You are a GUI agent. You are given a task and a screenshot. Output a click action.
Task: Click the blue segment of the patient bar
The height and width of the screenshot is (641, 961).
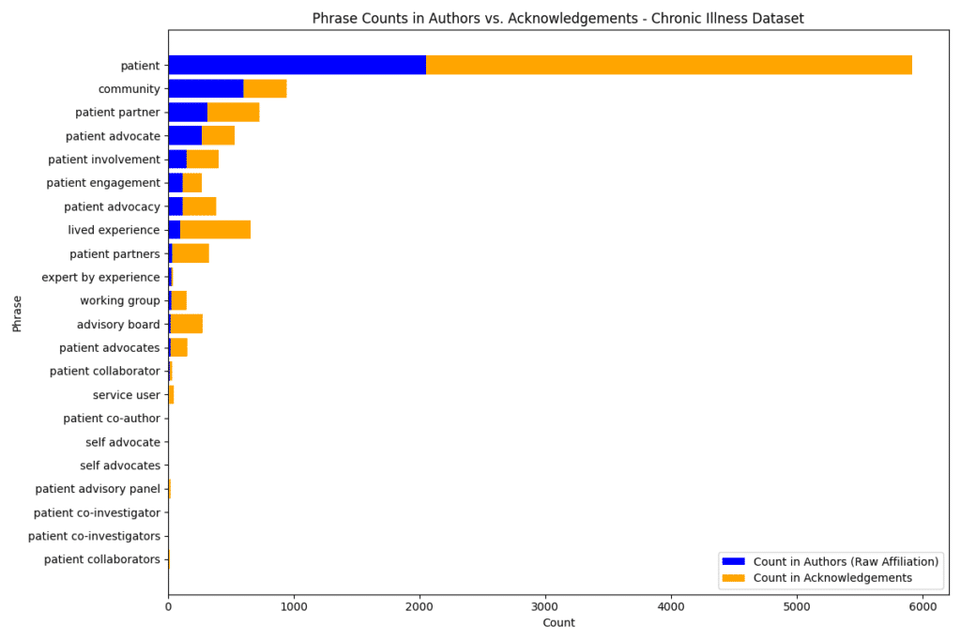coord(297,65)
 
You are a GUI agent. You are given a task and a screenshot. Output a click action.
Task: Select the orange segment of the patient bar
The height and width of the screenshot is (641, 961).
coord(668,65)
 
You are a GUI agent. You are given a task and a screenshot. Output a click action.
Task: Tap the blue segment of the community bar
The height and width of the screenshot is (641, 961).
coord(206,88)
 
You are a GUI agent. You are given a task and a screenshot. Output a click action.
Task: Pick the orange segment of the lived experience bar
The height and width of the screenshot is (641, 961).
coord(215,230)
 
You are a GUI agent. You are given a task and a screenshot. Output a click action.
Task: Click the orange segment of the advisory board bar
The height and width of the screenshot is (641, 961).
coord(186,325)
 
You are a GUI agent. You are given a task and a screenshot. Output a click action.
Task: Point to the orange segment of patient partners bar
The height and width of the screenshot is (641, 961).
coord(191,253)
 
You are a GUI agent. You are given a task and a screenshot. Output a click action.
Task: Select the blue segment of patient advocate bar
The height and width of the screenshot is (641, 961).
coord(185,136)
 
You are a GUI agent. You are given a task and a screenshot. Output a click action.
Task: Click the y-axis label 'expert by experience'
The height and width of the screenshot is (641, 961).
coord(100,278)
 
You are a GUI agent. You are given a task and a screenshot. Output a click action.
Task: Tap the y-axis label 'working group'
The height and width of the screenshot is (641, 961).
coord(120,301)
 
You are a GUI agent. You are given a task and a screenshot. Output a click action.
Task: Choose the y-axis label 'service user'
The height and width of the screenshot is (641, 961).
coord(127,395)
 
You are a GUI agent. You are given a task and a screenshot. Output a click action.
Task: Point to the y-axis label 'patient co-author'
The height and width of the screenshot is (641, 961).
coord(112,419)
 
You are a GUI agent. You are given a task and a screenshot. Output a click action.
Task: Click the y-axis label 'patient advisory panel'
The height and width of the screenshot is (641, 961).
coord(98,489)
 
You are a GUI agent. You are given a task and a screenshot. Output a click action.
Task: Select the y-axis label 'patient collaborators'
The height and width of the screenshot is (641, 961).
coord(102,560)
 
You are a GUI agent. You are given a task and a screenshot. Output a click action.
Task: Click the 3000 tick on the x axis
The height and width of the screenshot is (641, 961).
coord(545,606)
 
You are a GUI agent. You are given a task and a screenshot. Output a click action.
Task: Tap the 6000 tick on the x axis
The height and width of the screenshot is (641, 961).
coord(923,606)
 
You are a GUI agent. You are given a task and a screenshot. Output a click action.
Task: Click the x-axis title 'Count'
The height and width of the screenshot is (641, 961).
coord(558,623)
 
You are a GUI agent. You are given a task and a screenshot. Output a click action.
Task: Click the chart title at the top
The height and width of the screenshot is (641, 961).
coord(557,18)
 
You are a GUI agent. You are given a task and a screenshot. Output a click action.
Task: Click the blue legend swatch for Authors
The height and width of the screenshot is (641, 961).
coord(732,561)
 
